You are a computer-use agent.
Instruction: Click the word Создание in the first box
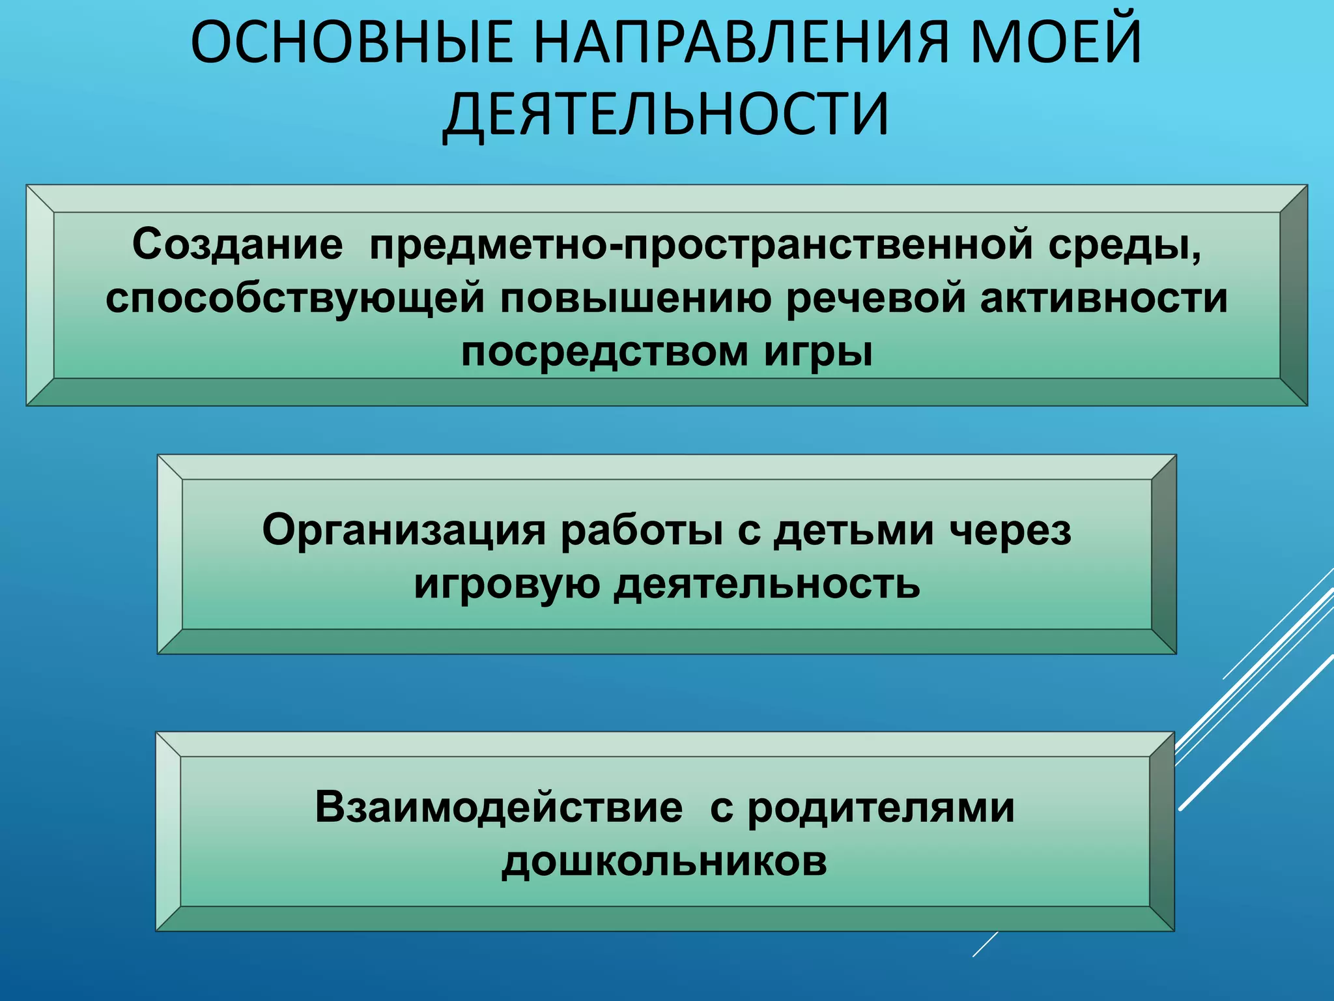(x=237, y=246)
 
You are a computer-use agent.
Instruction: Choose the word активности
(x=1103, y=298)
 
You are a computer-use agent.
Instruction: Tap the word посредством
(x=605, y=353)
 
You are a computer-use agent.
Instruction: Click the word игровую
(x=507, y=585)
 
